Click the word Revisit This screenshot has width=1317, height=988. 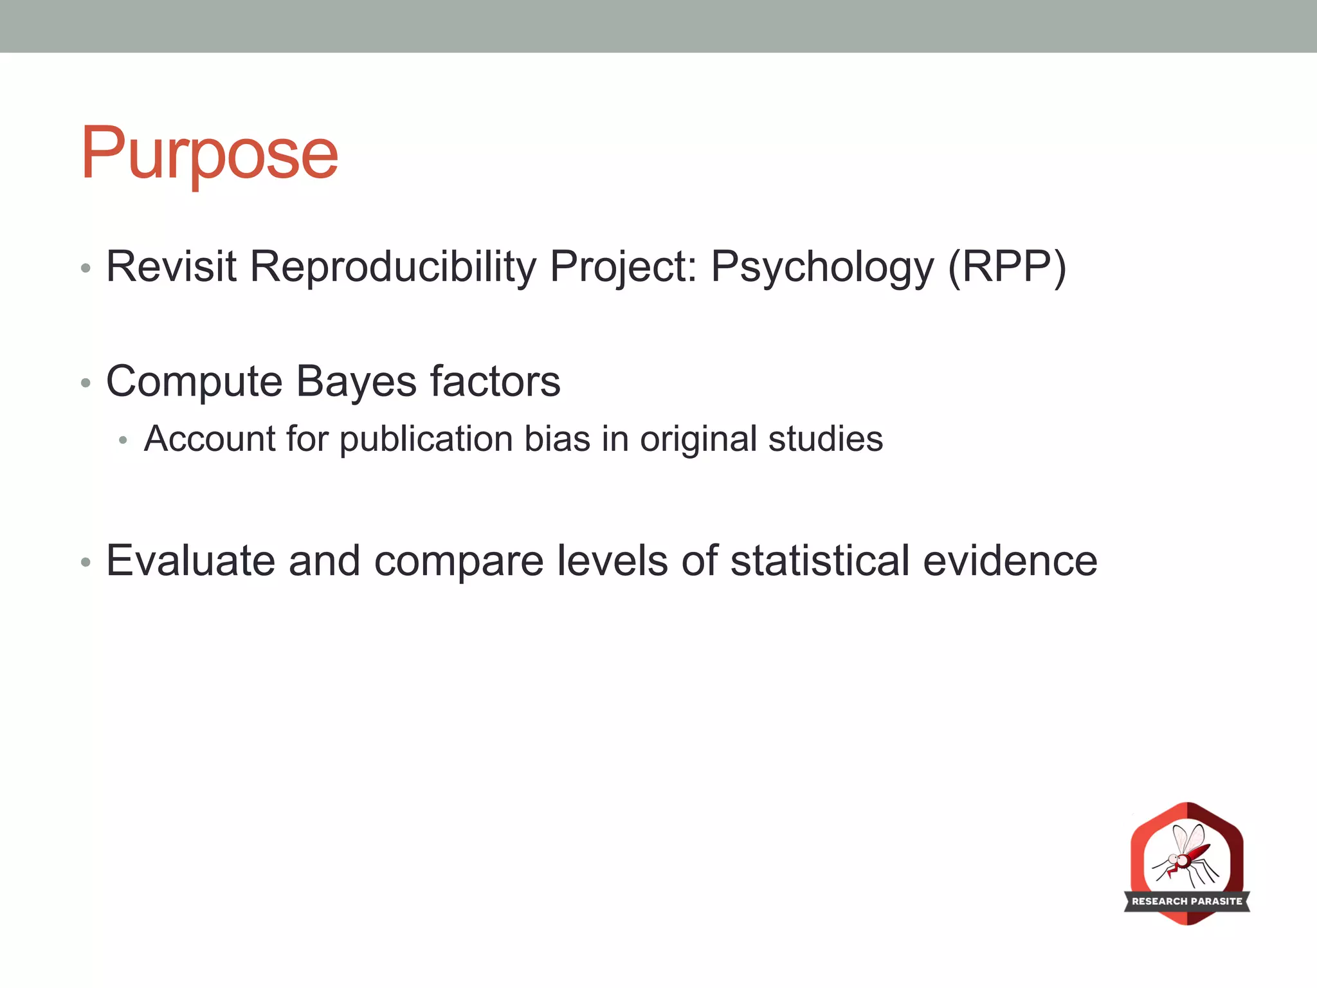pos(171,266)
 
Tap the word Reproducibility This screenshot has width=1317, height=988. pos(393,266)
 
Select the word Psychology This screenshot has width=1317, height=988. pos(822,266)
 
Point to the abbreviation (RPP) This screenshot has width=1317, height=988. pos(1007,266)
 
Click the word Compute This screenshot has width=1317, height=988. pos(194,381)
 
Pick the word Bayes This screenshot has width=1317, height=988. pos(356,381)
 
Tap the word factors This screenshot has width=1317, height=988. pos(495,381)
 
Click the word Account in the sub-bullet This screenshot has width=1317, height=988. pos(210,439)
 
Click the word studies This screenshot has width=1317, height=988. pos(825,439)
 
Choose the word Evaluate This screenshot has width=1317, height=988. pos(190,560)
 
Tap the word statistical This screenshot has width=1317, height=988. pos(820,560)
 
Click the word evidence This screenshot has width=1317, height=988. pos(1010,560)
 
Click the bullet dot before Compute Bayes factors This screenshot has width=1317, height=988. pos(86,384)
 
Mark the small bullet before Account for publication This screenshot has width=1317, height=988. pos(123,441)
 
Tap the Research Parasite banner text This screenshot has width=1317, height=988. pos(1187,901)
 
